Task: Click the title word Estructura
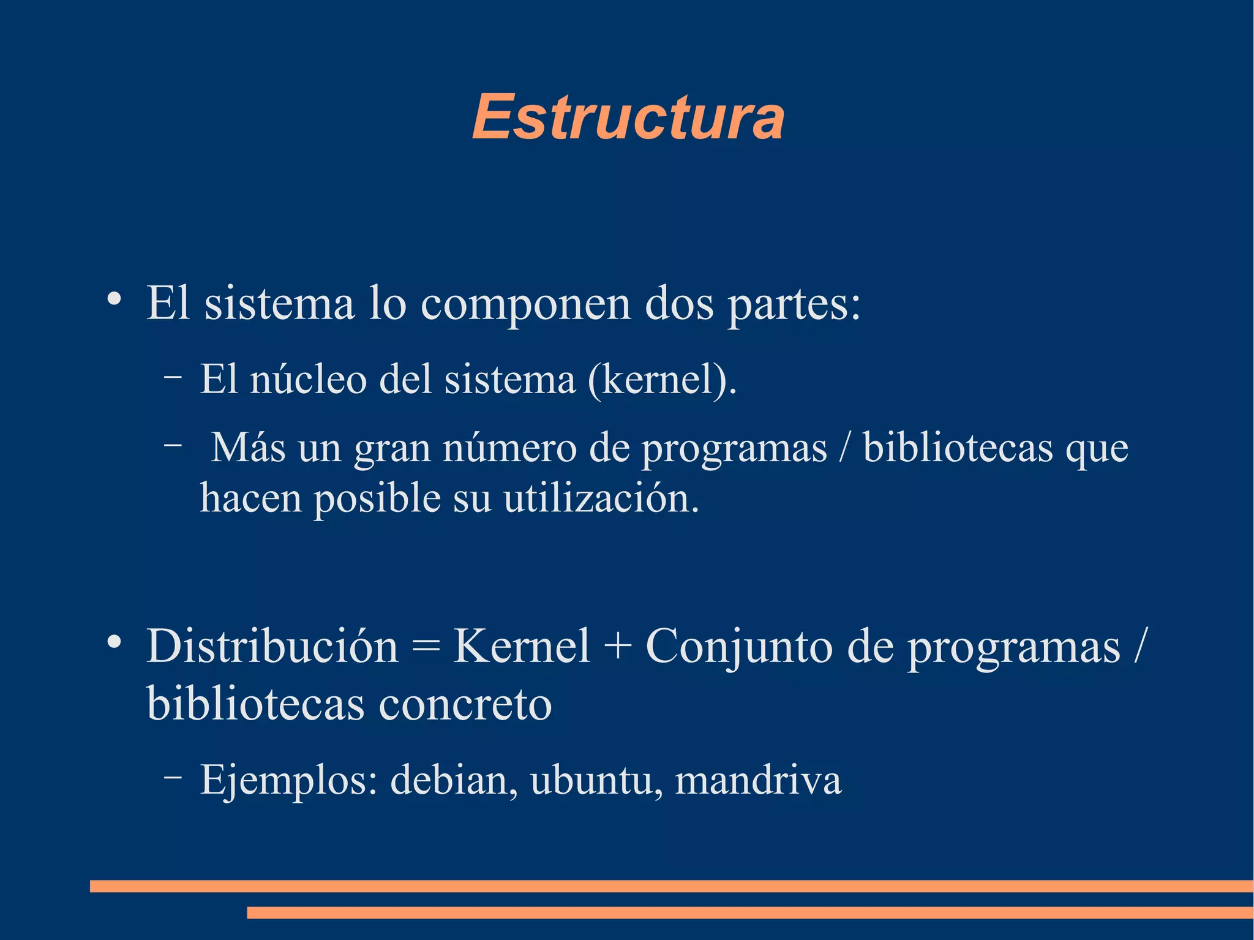pyautogui.click(x=628, y=118)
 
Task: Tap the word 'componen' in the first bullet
pyautogui.click(x=525, y=304)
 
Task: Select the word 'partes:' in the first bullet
pyautogui.click(x=794, y=304)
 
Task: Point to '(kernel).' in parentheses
pyautogui.click(x=661, y=380)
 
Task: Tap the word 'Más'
pyautogui.click(x=249, y=448)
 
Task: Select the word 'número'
pyautogui.click(x=509, y=448)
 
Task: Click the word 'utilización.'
pyautogui.click(x=601, y=498)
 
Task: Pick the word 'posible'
pyautogui.click(x=377, y=498)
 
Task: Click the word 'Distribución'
pyautogui.click(x=272, y=647)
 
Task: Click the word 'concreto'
pyautogui.click(x=465, y=704)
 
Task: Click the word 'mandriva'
pyautogui.click(x=758, y=781)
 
